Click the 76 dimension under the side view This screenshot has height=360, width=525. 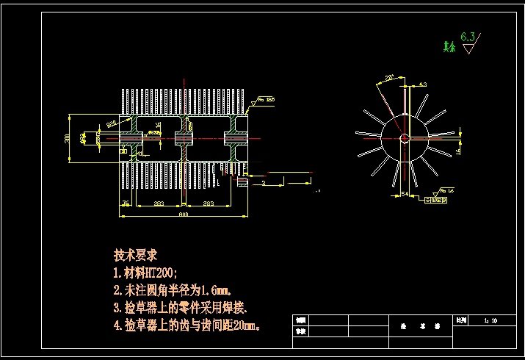pyautogui.click(x=126, y=203)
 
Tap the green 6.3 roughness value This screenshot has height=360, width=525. pyautogui.click(x=468, y=36)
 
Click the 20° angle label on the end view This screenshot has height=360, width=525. pyautogui.click(x=389, y=76)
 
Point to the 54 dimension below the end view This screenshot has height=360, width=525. pyautogui.click(x=405, y=193)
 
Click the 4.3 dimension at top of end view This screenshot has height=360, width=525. pyautogui.click(x=422, y=84)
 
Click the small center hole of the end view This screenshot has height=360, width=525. pyautogui.click(x=404, y=137)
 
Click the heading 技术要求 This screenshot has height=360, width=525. pyautogui.click(x=136, y=255)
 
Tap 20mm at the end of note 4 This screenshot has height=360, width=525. pyautogui.click(x=245, y=324)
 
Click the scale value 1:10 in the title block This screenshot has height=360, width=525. pyautogui.click(x=490, y=320)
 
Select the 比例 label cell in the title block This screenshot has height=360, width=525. pyautogui.click(x=460, y=320)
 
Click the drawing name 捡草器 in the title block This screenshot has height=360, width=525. pyautogui.click(x=410, y=323)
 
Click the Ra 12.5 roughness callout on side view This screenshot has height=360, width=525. pyautogui.click(x=264, y=98)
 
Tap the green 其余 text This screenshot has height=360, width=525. pyautogui.click(x=449, y=47)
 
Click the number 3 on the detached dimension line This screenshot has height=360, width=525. pyautogui.click(x=263, y=181)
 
